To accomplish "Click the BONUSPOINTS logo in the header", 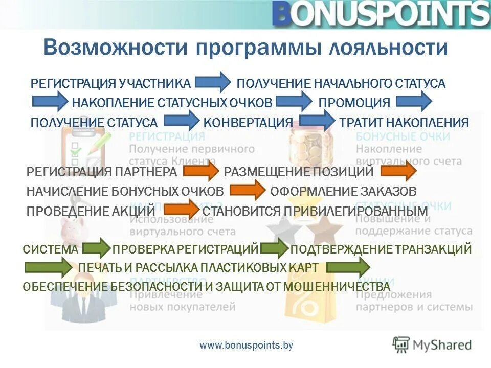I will click(x=381, y=14).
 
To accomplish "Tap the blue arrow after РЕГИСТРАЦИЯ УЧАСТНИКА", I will click(x=213, y=82).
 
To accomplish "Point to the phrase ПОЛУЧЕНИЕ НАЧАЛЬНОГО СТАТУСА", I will click(x=341, y=83).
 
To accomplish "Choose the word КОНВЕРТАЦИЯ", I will click(x=248, y=123).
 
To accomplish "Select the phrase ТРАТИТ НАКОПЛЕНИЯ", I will click(x=404, y=123).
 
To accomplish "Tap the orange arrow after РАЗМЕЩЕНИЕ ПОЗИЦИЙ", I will click(x=397, y=172).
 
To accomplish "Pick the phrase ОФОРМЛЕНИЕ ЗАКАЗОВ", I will click(x=343, y=191).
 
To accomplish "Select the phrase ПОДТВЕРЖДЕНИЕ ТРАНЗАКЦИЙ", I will click(x=381, y=249).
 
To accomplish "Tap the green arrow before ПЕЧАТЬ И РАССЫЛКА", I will click(x=49, y=267).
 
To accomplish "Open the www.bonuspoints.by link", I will click(x=247, y=346).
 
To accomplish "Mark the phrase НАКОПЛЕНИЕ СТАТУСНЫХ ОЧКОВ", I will click(x=172, y=103).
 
